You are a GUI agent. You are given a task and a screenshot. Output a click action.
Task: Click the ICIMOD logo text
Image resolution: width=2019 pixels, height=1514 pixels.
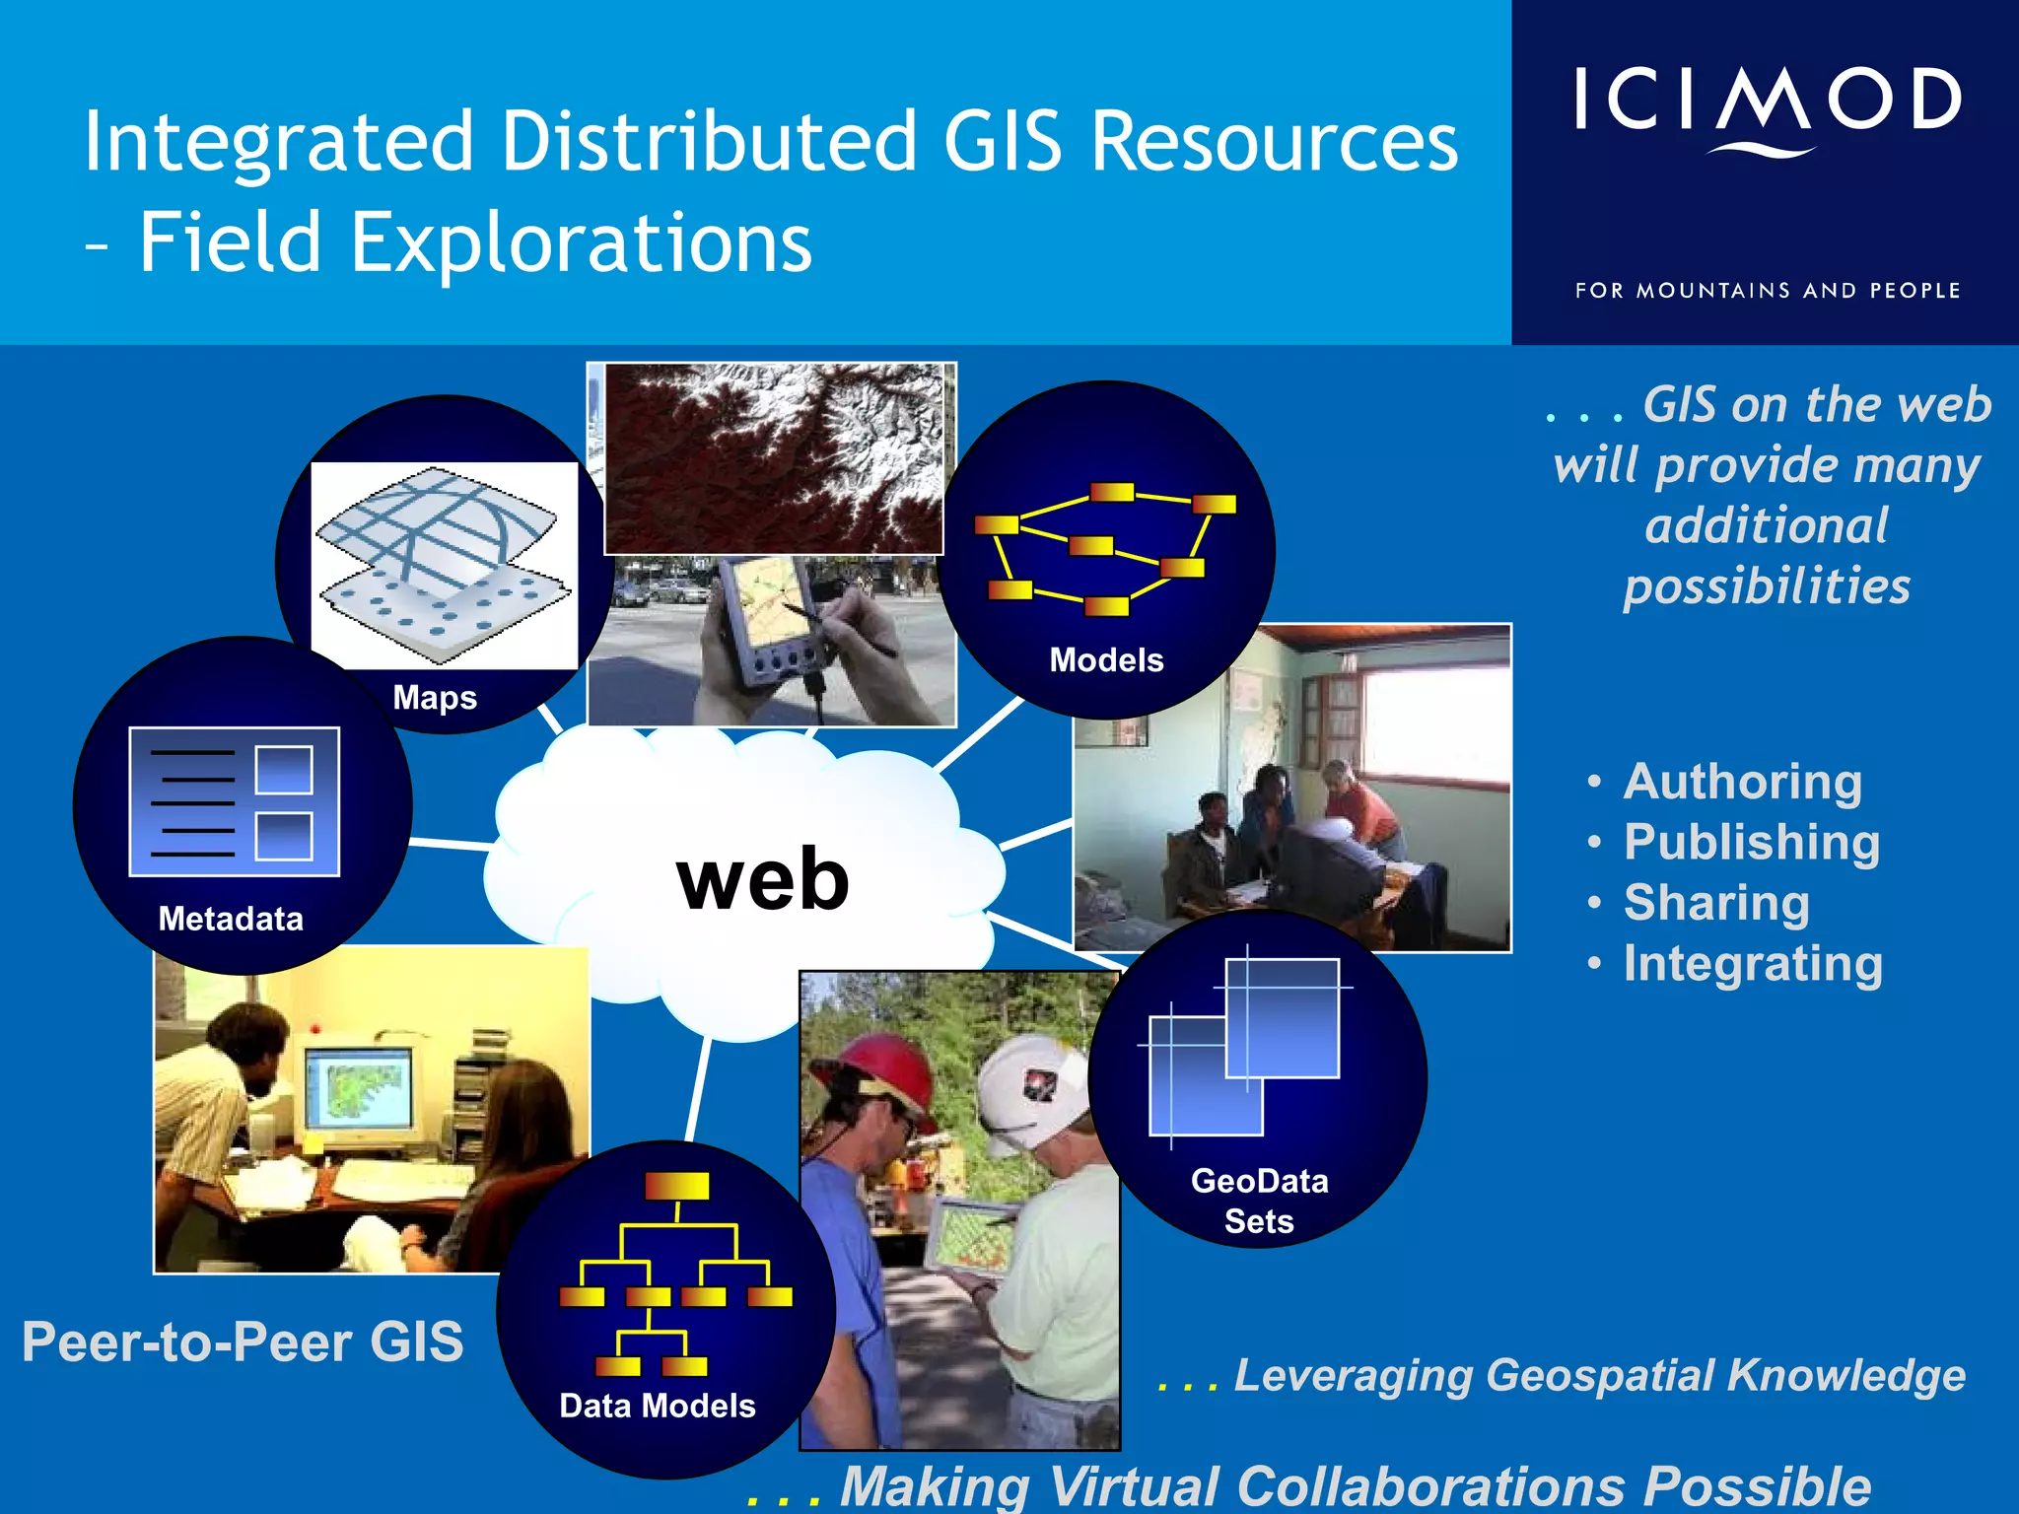pos(1767,101)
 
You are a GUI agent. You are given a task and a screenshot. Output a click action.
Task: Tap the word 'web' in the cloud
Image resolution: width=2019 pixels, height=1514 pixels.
pos(762,879)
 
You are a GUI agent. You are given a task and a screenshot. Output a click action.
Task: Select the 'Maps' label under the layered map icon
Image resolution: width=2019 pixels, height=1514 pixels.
pos(435,698)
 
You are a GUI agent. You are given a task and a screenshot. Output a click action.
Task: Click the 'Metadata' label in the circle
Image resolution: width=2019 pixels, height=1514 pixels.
pos(231,919)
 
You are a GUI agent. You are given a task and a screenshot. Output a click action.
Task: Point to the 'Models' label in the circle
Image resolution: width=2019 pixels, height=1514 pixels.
pos(1106,659)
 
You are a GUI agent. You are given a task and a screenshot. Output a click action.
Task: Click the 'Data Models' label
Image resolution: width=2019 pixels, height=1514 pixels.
pos(658,1406)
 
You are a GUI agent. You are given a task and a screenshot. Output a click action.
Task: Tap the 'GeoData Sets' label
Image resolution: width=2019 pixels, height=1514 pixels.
pos(1259,1201)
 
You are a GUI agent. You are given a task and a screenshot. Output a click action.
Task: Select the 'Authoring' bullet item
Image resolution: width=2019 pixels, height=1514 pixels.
pos(1742,782)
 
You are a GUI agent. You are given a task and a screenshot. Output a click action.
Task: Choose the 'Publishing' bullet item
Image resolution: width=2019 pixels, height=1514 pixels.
pos(1751,843)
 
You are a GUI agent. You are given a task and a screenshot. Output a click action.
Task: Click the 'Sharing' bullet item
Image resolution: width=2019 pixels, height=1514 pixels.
pos(1715,903)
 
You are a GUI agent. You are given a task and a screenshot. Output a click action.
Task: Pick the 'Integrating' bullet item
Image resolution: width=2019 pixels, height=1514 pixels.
pos(1752,964)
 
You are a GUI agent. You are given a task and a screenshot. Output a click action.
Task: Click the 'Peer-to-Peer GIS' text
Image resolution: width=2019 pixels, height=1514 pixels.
pos(243,1342)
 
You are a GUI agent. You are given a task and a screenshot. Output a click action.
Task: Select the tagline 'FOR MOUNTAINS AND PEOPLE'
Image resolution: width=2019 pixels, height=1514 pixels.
pos(1767,291)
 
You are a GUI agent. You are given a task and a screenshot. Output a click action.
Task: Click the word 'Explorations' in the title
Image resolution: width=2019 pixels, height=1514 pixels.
pos(582,242)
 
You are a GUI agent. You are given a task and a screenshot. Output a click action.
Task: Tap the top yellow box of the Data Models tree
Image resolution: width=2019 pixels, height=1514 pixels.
pos(676,1186)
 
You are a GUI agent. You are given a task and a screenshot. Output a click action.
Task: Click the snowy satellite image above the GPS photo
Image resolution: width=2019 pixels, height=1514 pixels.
pos(774,458)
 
